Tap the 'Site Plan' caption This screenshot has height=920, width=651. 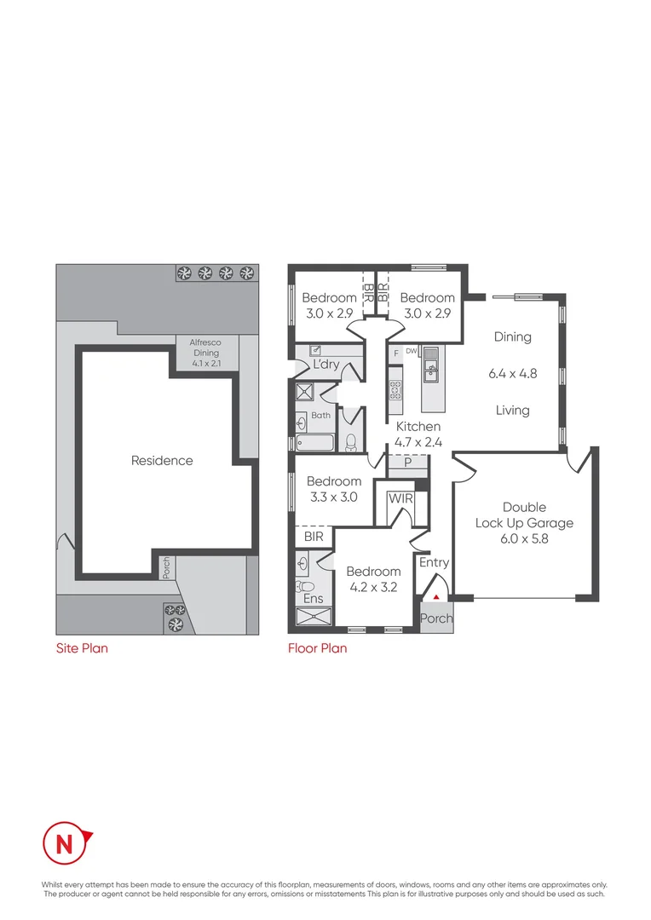pos(82,648)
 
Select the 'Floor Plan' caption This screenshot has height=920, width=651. pos(317,648)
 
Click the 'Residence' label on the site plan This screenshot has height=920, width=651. pos(162,461)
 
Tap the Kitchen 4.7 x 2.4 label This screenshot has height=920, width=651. pos(418,434)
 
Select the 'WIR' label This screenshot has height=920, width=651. pos(400,498)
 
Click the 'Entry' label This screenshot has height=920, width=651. pos(434,563)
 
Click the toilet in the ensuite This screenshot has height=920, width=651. pos(305,586)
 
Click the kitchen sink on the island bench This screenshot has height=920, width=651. pos(431,368)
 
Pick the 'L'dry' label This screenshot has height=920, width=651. pos(326,365)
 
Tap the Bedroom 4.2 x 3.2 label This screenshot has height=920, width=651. pos(373,578)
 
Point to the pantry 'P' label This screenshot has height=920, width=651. pos(407,463)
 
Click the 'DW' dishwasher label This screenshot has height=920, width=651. pos(410,351)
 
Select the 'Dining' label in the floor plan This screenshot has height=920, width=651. pos(512,337)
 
